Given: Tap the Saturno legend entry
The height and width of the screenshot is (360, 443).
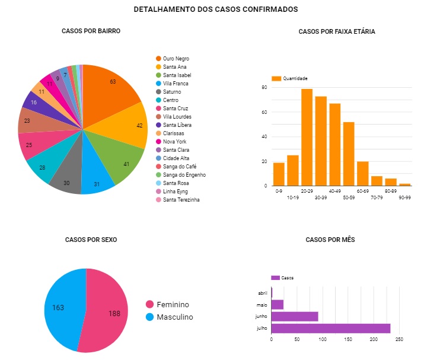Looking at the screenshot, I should pos(172,92).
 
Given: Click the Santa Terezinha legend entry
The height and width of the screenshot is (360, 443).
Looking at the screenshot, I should pos(181,200).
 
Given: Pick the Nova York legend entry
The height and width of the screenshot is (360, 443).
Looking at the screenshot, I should pos(175,142).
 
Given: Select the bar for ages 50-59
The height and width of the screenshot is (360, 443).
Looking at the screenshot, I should pos(349,154).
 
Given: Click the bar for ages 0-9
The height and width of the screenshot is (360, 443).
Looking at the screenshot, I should pos(279,174).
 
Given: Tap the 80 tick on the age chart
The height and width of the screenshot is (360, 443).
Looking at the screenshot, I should pos(264,88).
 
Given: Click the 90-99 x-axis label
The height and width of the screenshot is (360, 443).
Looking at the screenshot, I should pos(404,197).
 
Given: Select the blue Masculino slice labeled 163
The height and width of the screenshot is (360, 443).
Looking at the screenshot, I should pos(62,308).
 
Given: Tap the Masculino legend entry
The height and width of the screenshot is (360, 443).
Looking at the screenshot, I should pos(175,317).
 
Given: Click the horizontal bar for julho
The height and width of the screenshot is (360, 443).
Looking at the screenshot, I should pos(330,328).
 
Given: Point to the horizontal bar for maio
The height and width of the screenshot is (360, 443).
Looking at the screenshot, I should pos(277,305).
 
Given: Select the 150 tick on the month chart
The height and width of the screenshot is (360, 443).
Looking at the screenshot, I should pos(348,339).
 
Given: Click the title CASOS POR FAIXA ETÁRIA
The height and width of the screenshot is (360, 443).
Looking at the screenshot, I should pos(336,31).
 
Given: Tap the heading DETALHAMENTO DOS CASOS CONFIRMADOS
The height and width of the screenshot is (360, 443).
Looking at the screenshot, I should pos(216,9).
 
